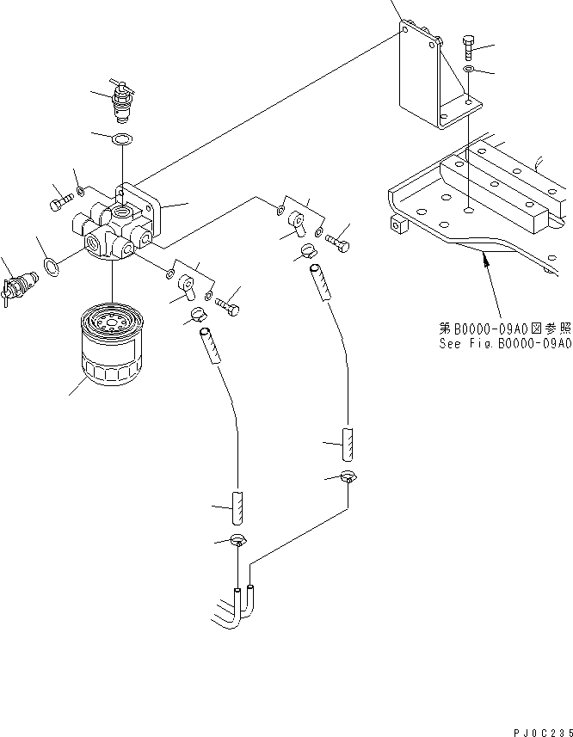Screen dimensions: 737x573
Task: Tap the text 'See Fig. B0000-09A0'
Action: (x=503, y=342)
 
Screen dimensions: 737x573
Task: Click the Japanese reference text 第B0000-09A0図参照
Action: (x=503, y=329)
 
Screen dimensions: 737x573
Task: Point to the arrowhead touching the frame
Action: (x=487, y=253)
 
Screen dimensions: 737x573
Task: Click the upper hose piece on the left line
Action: (x=207, y=347)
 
